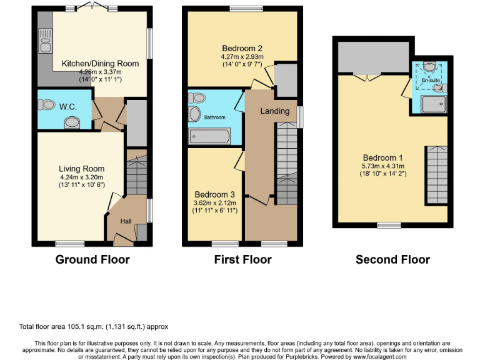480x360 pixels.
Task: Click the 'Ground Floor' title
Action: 92,259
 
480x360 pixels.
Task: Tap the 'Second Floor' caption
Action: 392,259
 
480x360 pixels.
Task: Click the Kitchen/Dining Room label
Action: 100,63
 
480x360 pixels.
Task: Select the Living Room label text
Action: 81,169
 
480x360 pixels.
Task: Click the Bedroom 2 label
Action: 241,48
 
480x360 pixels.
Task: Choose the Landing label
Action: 276,111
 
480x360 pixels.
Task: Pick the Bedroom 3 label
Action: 214,194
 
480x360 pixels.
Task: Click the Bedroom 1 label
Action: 383,158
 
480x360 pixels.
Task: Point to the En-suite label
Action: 430,81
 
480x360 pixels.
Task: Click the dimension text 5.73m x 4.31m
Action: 383,166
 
